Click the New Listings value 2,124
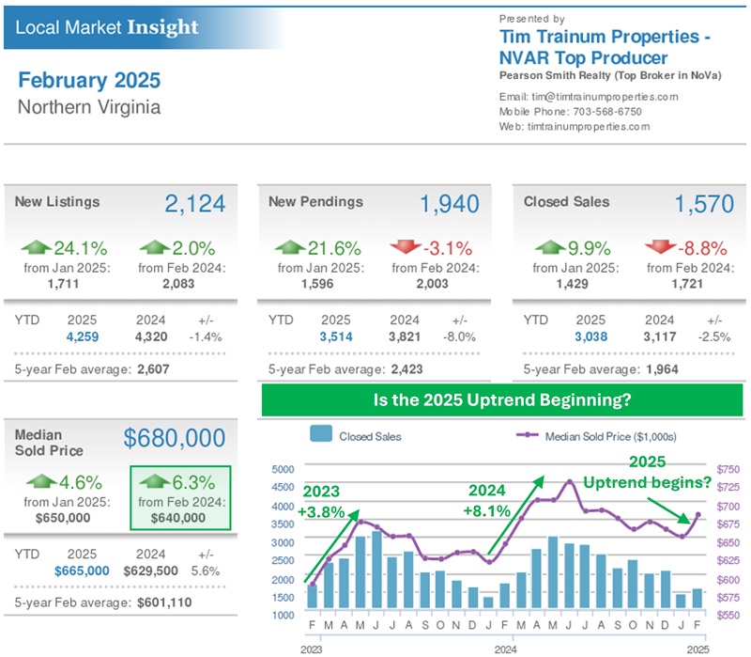pos(194,204)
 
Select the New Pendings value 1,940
pos(449,204)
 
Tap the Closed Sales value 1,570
pos(705,204)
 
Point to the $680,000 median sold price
pos(175,438)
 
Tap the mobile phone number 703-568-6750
pos(609,111)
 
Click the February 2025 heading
pos(89,80)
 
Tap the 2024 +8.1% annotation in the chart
pos(486,501)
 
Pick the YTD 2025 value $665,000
pos(82,571)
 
